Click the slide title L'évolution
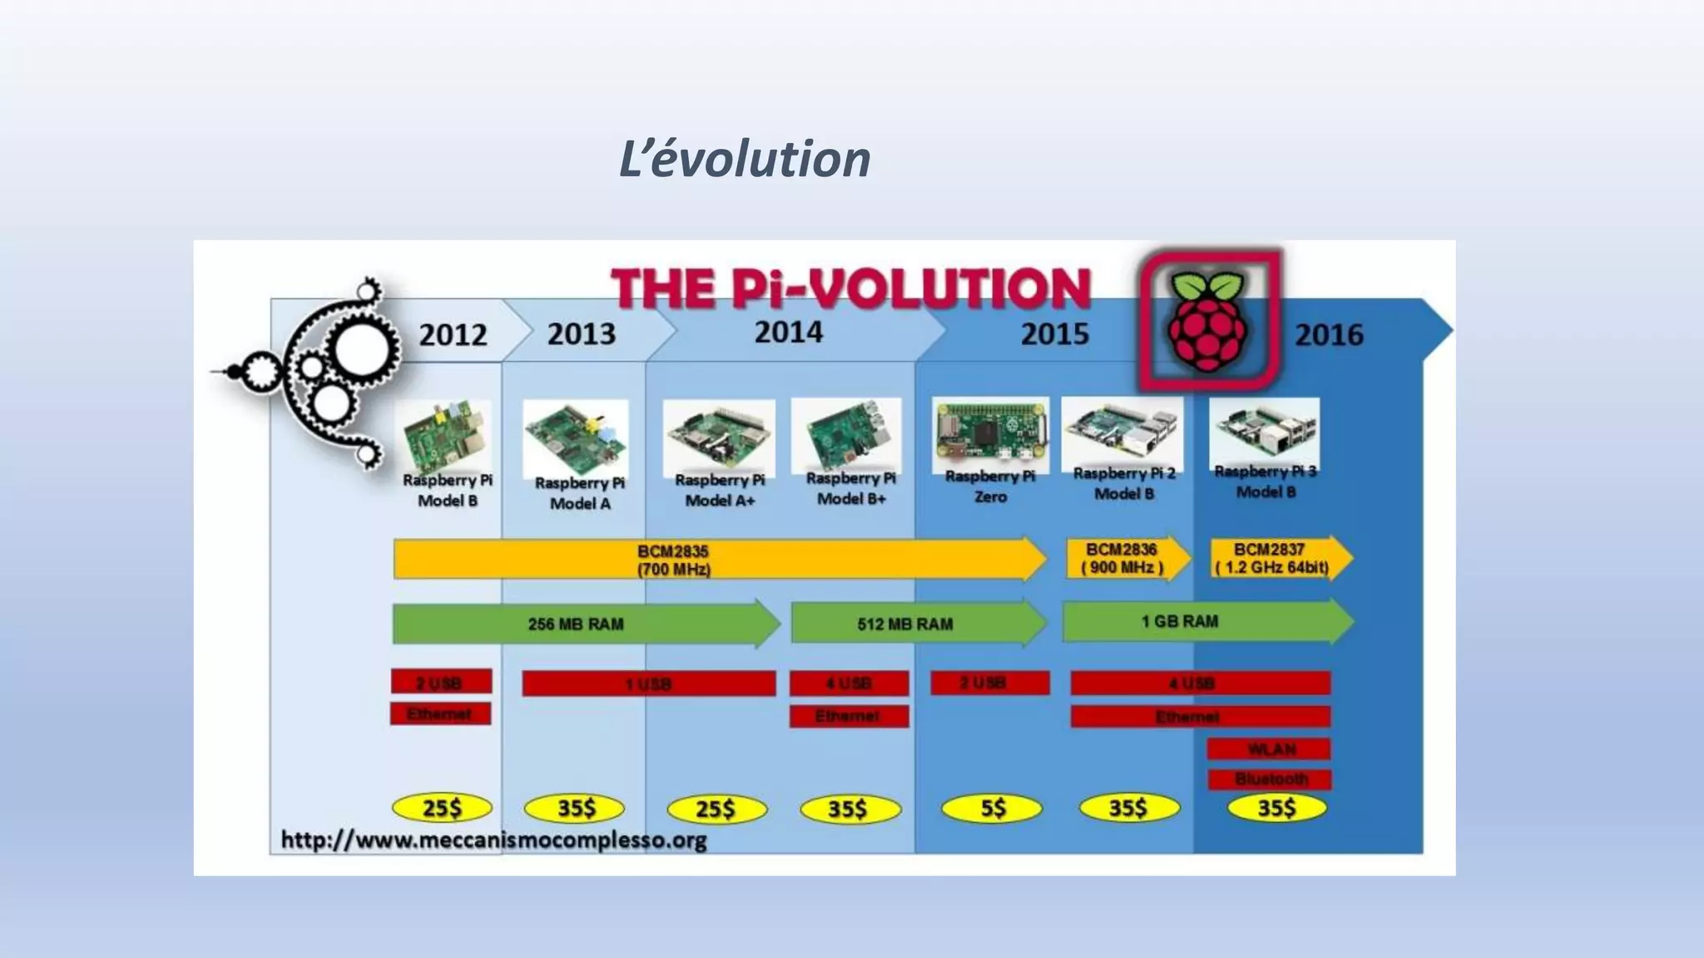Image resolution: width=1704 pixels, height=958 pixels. click(744, 159)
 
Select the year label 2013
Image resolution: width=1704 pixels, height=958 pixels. click(581, 334)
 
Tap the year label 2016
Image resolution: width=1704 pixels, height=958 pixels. click(1328, 335)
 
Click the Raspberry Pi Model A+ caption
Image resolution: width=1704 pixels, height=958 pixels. click(720, 491)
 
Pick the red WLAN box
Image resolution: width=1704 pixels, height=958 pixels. click(1269, 749)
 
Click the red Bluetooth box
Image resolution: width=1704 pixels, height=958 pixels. click(1270, 779)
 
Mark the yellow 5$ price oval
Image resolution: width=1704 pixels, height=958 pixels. click(992, 808)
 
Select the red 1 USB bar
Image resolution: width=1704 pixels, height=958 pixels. click(648, 684)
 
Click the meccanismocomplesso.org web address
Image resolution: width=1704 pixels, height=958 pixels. click(493, 840)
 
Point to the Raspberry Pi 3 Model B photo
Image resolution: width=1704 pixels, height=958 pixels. click(1264, 430)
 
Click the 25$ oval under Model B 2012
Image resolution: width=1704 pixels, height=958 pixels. click(441, 808)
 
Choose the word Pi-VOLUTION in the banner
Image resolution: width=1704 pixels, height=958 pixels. click(911, 289)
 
